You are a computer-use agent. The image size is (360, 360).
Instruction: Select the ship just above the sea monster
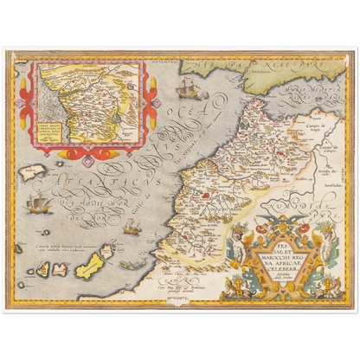tap(132, 228)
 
